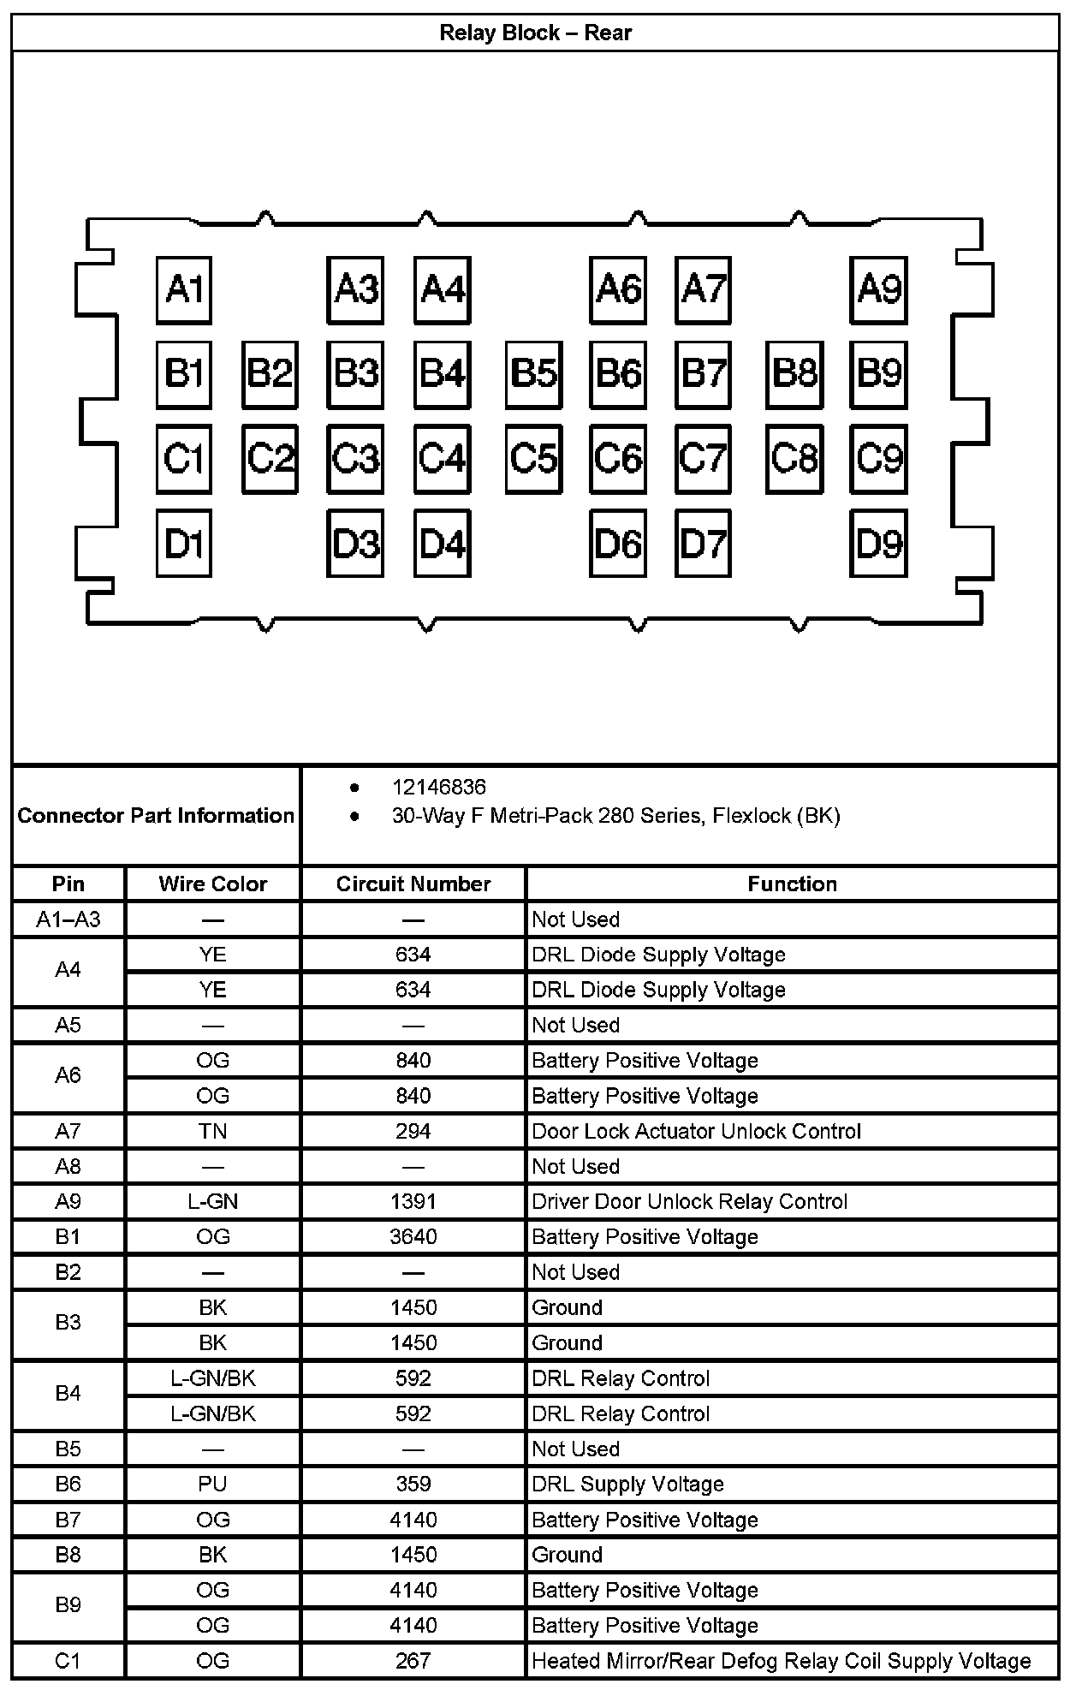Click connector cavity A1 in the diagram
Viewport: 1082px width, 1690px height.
(x=184, y=289)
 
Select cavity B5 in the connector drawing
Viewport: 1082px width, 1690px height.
(x=533, y=373)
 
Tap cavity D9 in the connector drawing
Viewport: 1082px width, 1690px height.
(x=879, y=543)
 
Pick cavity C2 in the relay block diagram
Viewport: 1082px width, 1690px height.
(x=270, y=459)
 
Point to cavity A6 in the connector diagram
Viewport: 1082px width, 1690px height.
(x=618, y=289)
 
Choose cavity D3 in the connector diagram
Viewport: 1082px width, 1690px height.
(x=355, y=543)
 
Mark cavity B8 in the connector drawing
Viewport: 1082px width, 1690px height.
(x=794, y=373)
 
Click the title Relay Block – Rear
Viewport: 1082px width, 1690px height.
(x=535, y=33)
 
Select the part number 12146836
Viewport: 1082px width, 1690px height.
(x=438, y=787)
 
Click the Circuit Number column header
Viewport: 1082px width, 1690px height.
(x=413, y=884)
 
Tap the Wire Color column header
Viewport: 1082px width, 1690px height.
(x=212, y=884)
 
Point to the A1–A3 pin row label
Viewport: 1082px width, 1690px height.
(x=68, y=919)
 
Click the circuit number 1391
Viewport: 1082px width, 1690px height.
(x=413, y=1201)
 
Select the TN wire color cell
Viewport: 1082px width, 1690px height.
(x=212, y=1131)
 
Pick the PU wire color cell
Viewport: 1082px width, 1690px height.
(x=212, y=1484)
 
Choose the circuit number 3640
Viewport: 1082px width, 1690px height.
(x=413, y=1236)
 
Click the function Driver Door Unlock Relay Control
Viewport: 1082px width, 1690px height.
(x=689, y=1201)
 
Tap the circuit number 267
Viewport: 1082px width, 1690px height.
(x=413, y=1661)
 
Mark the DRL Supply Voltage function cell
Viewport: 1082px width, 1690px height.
(x=627, y=1484)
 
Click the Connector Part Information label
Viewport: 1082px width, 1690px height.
(x=156, y=815)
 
